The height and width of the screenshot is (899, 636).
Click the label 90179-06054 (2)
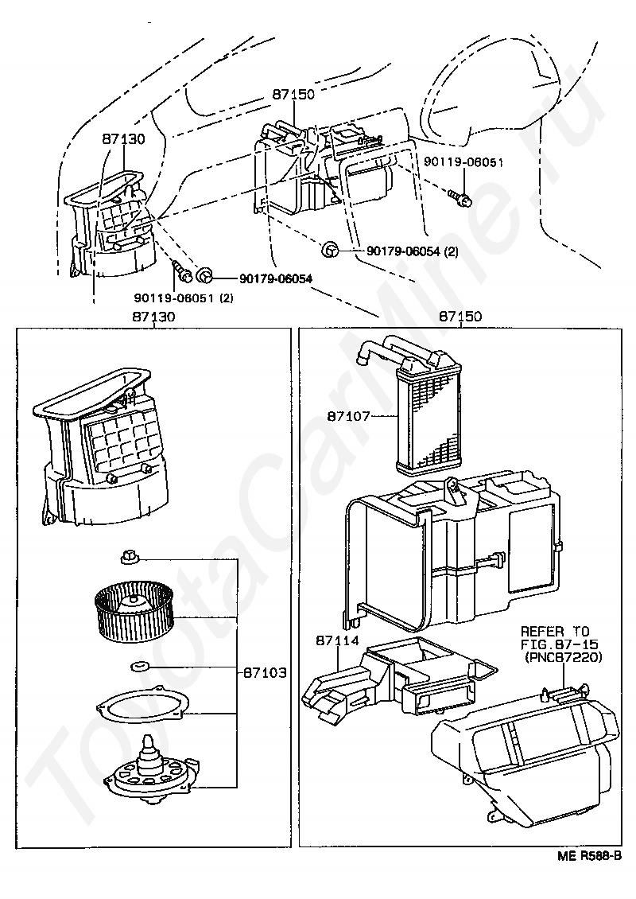point(413,251)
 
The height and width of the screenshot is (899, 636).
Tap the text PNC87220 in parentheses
point(564,658)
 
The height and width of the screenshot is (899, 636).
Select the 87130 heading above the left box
point(153,317)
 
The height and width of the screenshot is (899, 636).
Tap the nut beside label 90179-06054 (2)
point(332,251)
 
